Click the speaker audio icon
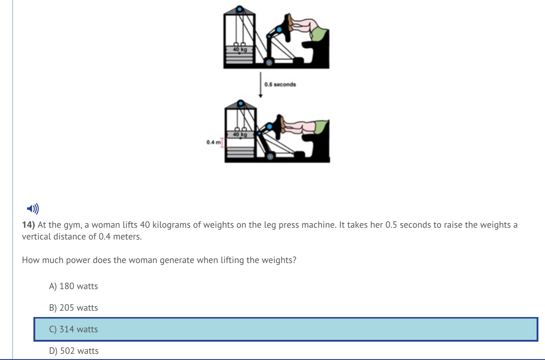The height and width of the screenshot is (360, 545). click(x=33, y=209)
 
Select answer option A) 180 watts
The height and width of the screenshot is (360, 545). click(x=73, y=286)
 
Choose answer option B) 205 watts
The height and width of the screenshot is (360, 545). click(x=73, y=308)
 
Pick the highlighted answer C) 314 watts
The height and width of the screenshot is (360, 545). click(x=73, y=329)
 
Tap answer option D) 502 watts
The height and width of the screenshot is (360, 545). click(x=74, y=351)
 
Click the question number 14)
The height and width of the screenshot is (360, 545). click(x=28, y=225)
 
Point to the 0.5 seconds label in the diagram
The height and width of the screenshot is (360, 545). click(x=280, y=85)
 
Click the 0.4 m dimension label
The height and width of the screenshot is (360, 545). click(x=213, y=143)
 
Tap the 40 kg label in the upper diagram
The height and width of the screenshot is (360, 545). click(x=240, y=49)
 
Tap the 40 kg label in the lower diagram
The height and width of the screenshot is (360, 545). click(x=240, y=135)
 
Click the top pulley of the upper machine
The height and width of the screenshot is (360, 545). click(x=240, y=9)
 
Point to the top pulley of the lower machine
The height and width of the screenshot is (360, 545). click(x=241, y=103)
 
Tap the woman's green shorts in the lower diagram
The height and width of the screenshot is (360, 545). click(x=321, y=127)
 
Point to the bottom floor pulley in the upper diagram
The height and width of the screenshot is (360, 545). click(x=269, y=63)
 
